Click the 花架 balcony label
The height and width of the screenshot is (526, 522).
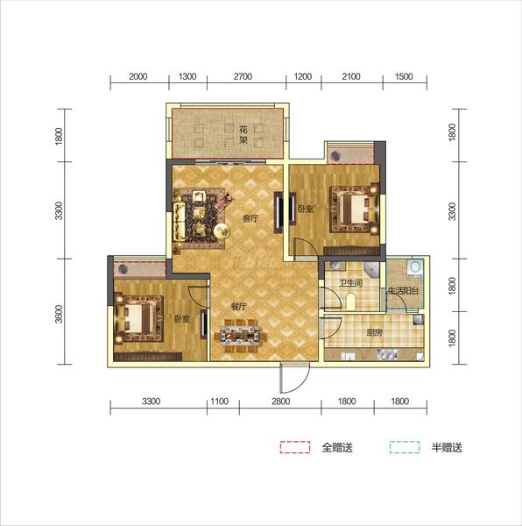pyautogui.click(x=243, y=134)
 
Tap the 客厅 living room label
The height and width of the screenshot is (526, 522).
pyautogui.click(x=250, y=219)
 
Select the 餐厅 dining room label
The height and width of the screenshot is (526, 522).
pyautogui.click(x=239, y=307)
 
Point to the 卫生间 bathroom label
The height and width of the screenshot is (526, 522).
pyautogui.click(x=351, y=283)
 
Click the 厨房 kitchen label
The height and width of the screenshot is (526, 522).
pyautogui.click(x=374, y=333)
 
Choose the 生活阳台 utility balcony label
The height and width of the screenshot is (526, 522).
pyautogui.click(x=403, y=290)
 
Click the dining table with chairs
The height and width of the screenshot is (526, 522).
pyautogui.click(x=241, y=335)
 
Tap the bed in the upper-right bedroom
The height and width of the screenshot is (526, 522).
pyautogui.click(x=355, y=210)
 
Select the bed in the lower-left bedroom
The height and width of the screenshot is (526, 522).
pyautogui.click(x=138, y=318)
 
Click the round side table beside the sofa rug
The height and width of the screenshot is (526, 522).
pyautogui.click(x=222, y=231)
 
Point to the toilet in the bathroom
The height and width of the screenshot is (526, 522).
pyautogui.click(x=351, y=301)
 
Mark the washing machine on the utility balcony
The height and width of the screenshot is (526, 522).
pyautogui.click(x=415, y=267)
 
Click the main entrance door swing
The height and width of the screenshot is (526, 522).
pyautogui.click(x=295, y=378)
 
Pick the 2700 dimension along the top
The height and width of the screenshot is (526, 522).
pyautogui.click(x=243, y=76)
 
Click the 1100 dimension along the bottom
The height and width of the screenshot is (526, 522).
pyautogui.click(x=220, y=402)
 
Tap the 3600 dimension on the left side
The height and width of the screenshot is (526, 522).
pyautogui.click(x=59, y=314)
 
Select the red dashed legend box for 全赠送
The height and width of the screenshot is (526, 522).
pyautogui.click(x=295, y=447)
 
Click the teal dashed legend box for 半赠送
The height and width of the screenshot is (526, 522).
pyautogui.click(x=405, y=447)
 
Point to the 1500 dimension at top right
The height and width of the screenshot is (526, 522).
pyautogui.click(x=404, y=76)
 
